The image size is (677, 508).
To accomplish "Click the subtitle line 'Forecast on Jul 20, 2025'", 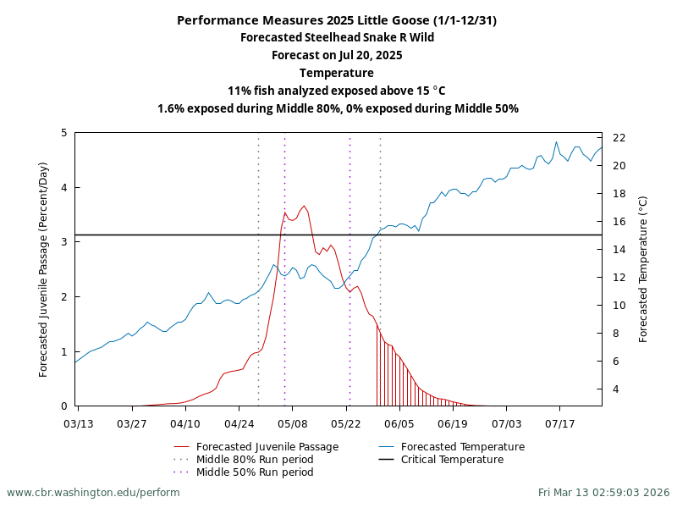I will [338, 55].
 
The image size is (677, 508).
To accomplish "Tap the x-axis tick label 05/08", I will [293, 422].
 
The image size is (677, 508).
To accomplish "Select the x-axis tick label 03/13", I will [79, 422].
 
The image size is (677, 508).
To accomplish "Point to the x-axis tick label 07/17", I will [560, 422].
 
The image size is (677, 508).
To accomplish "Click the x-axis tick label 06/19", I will [454, 422].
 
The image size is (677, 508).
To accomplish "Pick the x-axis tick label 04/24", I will [239, 422].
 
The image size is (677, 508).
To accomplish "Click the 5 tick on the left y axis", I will [64, 133].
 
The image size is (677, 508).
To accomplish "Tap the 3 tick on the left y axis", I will [64, 242].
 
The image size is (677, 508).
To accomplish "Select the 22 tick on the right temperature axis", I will [619, 138].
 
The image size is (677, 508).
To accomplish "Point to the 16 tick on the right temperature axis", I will [619, 222].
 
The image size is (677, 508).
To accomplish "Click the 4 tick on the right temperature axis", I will [615, 389].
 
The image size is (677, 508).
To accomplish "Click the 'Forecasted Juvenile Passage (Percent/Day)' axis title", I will [44, 269].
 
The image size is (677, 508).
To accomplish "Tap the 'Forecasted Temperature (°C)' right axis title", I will [643, 269].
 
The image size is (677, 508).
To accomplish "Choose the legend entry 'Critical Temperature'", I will [452, 460].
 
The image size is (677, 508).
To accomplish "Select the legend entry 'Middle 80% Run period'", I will [255, 460].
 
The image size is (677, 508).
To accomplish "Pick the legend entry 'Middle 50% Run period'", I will [255, 472].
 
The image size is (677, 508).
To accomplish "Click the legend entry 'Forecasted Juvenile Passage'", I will [267, 447].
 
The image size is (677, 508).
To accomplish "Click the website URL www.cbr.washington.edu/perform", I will [93, 492].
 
